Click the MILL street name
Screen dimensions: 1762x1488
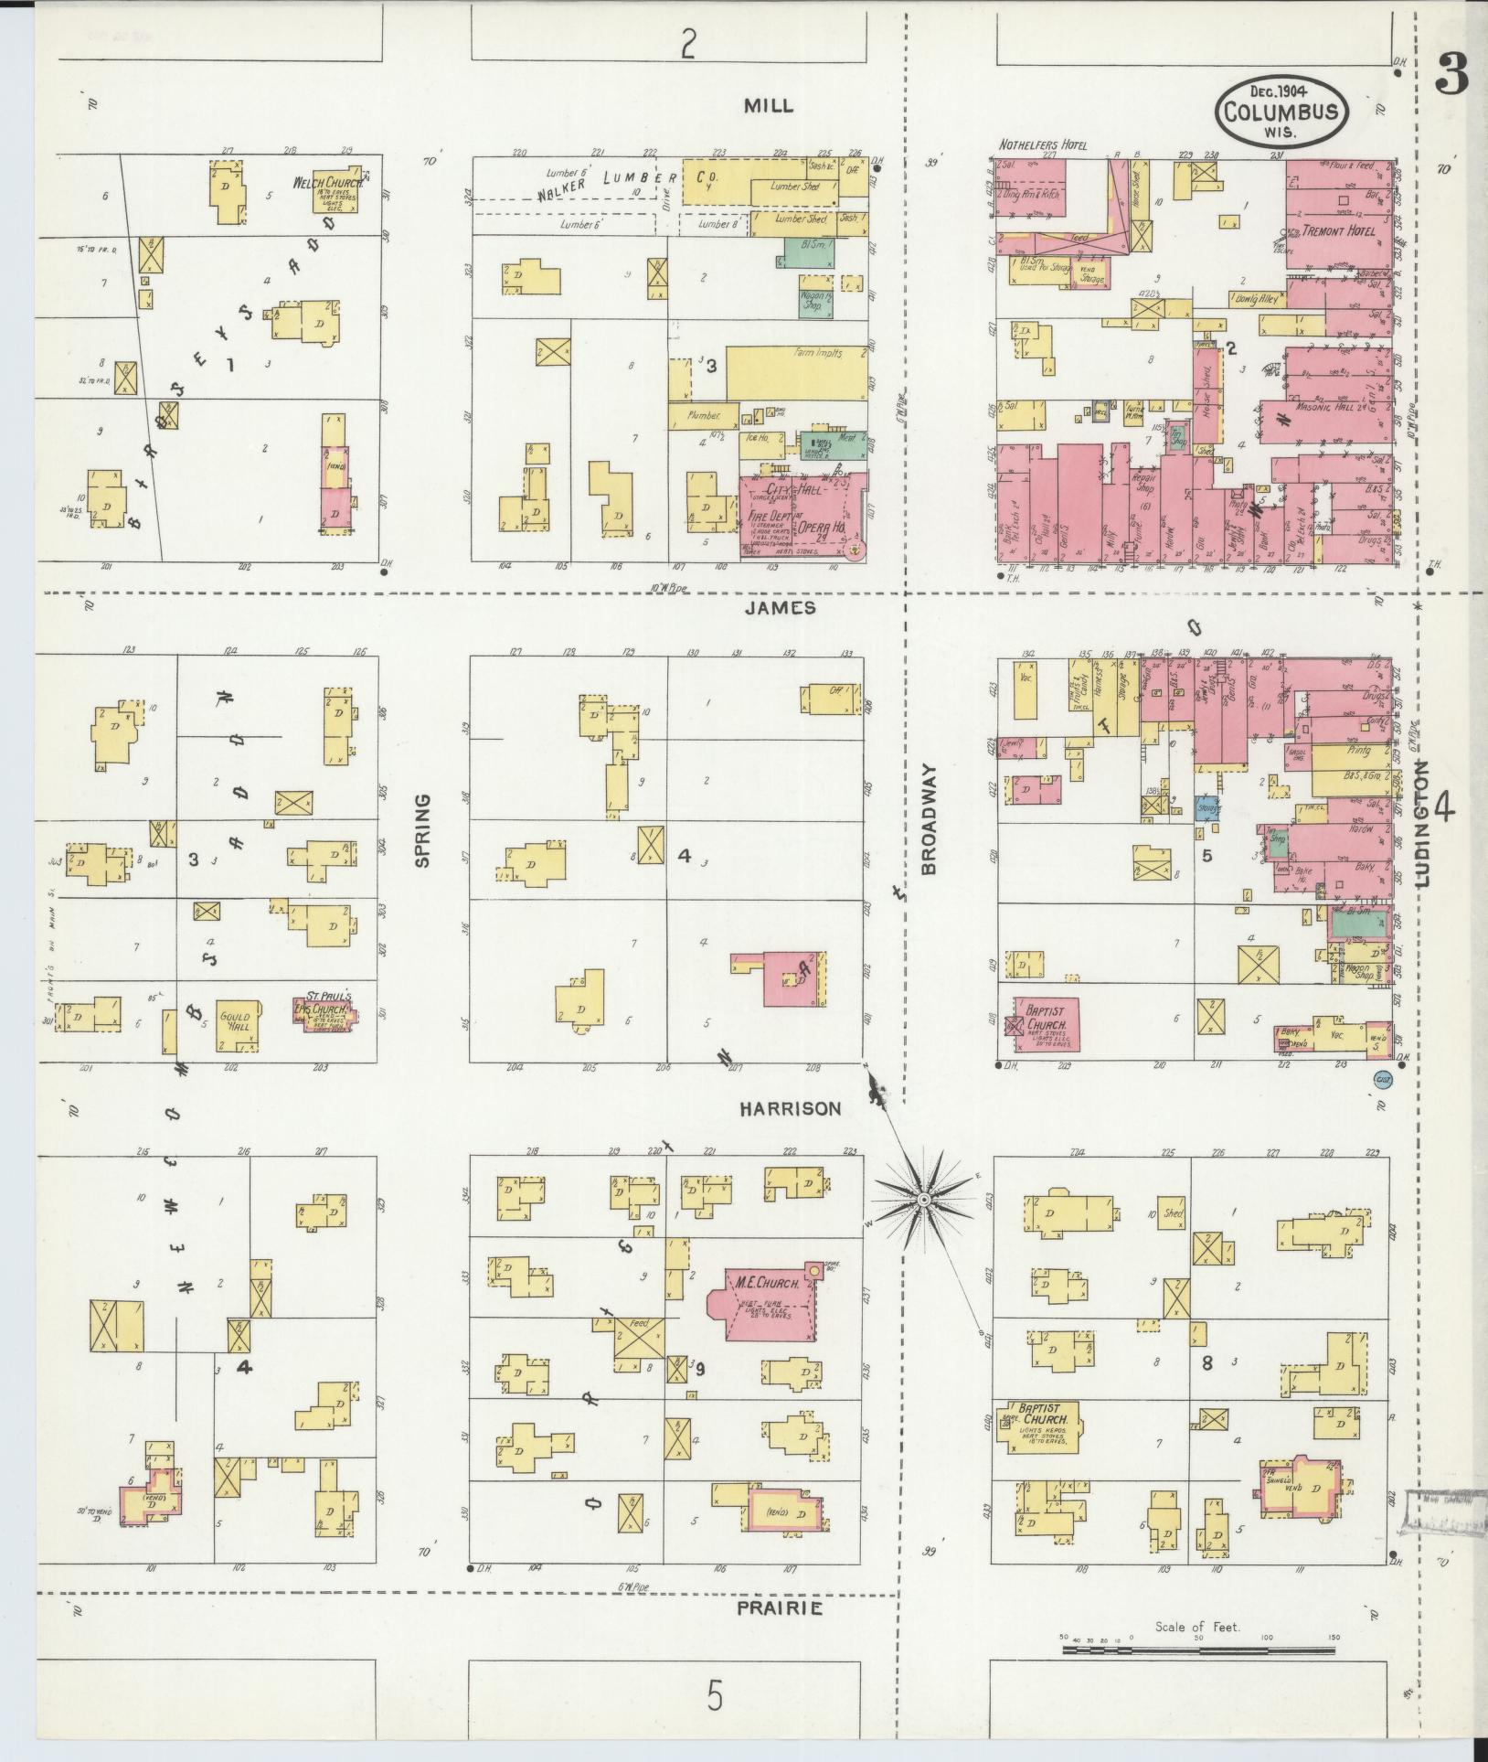point(768,106)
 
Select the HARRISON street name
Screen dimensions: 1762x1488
point(790,1108)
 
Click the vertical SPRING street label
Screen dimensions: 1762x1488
point(422,830)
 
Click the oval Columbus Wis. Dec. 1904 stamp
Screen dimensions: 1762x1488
point(1281,111)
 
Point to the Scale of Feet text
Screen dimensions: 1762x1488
point(1197,1627)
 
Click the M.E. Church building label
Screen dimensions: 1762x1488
point(767,1284)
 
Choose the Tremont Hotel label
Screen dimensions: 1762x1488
point(1340,231)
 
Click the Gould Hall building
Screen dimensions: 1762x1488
point(238,1021)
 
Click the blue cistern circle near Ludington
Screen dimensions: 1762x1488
point(1382,1081)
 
